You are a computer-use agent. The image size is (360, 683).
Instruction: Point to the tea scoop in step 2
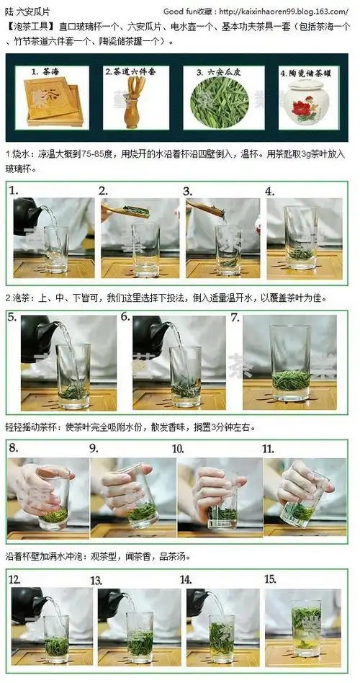pyautogui.click(x=126, y=211)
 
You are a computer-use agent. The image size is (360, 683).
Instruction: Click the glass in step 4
pyautogui.click(x=300, y=238)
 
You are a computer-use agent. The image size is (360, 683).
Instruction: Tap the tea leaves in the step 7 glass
pyautogui.click(x=291, y=380)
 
